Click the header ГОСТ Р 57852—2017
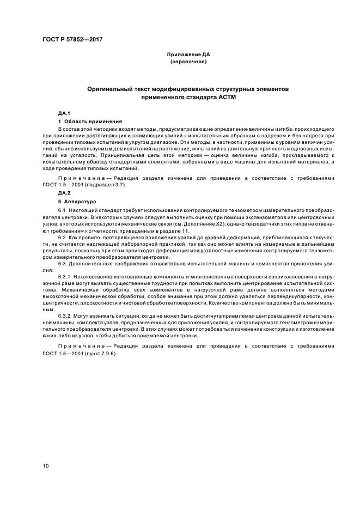(x=72, y=40)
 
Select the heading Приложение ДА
(x=188, y=54)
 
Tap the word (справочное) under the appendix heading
(x=188, y=62)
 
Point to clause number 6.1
(x=62, y=210)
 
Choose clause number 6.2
(x=62, y=239)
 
